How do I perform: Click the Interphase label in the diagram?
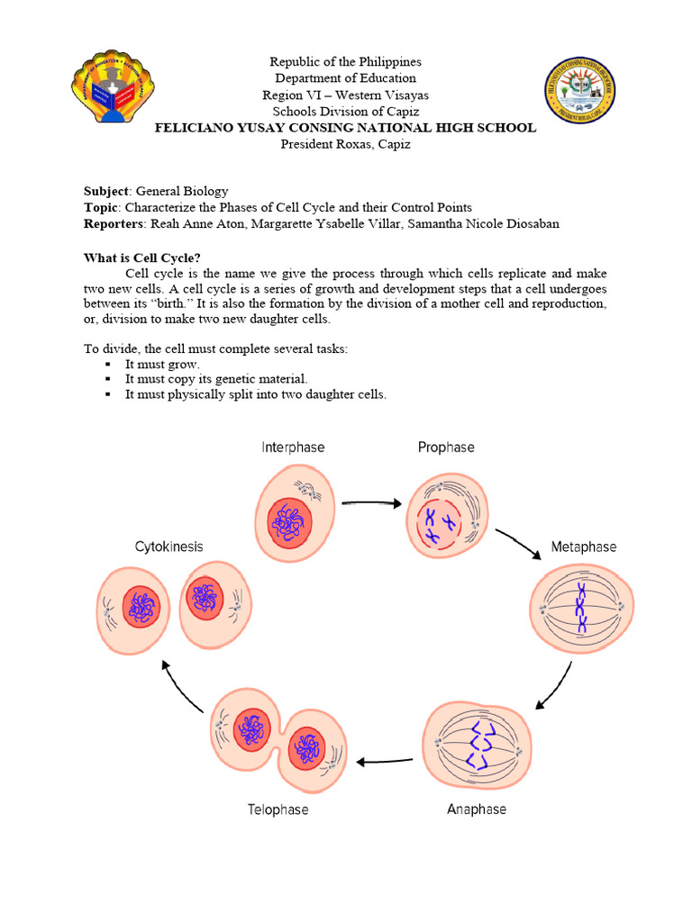[293, 447]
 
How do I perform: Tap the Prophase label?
[445, 447]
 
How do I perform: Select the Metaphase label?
[584, 547]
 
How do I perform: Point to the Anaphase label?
[477, 809]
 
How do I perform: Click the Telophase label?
[278, 809]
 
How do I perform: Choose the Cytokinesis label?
[168, 547]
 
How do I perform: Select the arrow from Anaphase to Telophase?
[385, 762]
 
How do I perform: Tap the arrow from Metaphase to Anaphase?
[552, 686]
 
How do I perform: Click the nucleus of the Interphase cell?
[289, 523]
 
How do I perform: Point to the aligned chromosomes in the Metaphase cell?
[581, 608]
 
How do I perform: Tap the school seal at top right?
[580, 90]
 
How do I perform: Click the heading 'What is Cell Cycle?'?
[142, 258]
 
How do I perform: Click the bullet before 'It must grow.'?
[107, 365]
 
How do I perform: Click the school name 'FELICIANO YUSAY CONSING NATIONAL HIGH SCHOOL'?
[346, 128]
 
